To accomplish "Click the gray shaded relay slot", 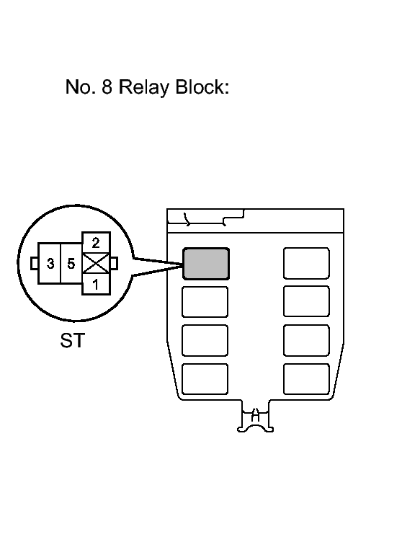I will point(206,263).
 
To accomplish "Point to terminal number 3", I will point(50,264).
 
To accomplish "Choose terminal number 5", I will point(71,264).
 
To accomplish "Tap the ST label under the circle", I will point(72,341).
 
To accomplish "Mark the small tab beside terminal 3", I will point(34,264).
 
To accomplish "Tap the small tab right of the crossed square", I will point(113,264).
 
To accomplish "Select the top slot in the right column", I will point(306,263).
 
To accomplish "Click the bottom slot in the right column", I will point(306,378).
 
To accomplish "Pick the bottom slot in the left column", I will point(205,378).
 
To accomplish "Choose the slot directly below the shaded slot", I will point(205,301).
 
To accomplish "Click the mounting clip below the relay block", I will point(255,419).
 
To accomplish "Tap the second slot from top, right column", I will point(306,301).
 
